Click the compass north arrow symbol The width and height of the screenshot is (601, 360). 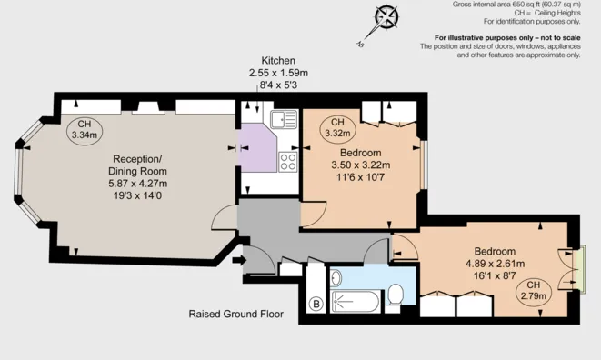click(388, 18)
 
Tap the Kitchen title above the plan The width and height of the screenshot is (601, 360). click(278, 60)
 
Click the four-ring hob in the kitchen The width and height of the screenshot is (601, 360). click(289, 163)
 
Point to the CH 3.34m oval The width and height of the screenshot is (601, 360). click(84, 130)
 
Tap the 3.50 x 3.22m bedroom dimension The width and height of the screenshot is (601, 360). click(360, 165)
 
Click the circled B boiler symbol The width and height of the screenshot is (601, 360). click(316, 304)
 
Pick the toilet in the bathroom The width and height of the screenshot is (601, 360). click(395, 293)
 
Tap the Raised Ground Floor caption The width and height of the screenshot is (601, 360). click(235, 315)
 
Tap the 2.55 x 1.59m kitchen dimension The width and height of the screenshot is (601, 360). click(278, 73)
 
